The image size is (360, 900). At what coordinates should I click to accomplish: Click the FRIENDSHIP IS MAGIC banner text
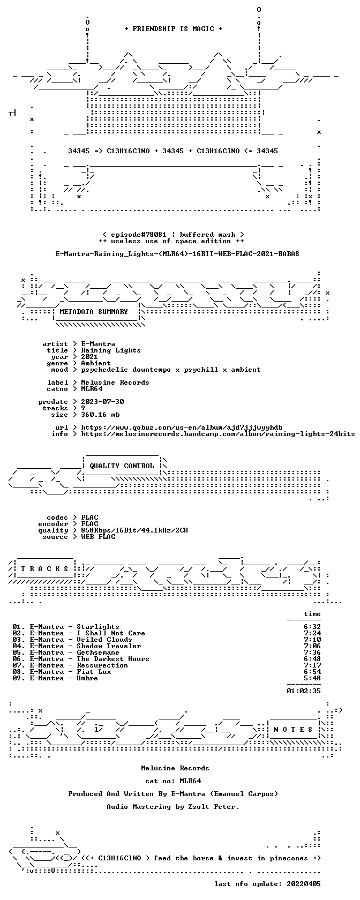tap(174, 29)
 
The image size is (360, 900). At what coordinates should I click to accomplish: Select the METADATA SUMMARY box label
tap(94, 312)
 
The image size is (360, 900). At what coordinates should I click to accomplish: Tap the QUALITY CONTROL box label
tap(122, 466)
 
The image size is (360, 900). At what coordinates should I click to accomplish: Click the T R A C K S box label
tap(44, 569)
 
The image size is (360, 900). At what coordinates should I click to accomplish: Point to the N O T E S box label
tap(294, 730)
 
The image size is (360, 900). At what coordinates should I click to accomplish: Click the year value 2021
tap(89, 357)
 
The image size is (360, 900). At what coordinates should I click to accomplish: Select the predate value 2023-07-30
tap(102, 402)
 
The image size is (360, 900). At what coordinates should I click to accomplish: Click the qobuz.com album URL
tap(182, 427)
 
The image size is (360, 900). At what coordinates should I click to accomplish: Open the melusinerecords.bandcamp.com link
tap(218, 434)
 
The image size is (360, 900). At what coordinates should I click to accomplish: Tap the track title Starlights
tap(98, 627)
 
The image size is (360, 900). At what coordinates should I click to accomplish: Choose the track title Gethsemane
tap(98, 652)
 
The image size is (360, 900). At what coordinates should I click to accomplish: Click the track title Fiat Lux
tap(94, 672)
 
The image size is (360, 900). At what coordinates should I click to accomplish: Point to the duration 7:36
tap(312, 652)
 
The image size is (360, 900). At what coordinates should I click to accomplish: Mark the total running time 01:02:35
tap(304, 691)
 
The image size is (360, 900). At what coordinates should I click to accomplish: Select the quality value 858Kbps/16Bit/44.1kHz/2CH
tap(134, 530)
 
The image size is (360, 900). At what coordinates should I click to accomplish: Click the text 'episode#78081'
tap(139, 235)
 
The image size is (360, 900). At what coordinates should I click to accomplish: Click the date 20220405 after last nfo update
tap(304, 884)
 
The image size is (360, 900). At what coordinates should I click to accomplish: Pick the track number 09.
tap(17, 678)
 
